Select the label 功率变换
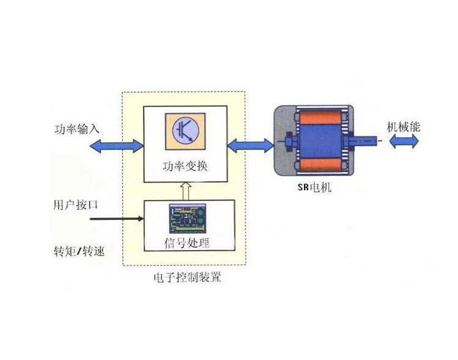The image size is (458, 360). (x=186, y=166)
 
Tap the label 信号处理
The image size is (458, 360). (x=187, y=243)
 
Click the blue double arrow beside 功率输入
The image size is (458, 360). (x=115, y=145)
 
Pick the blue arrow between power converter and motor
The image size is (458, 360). (x=250, y=145)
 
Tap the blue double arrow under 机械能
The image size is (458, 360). (x=404, y=142)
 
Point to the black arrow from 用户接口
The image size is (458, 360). (x=116, y=218)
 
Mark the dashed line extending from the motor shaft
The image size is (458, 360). (x=380, y=141)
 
